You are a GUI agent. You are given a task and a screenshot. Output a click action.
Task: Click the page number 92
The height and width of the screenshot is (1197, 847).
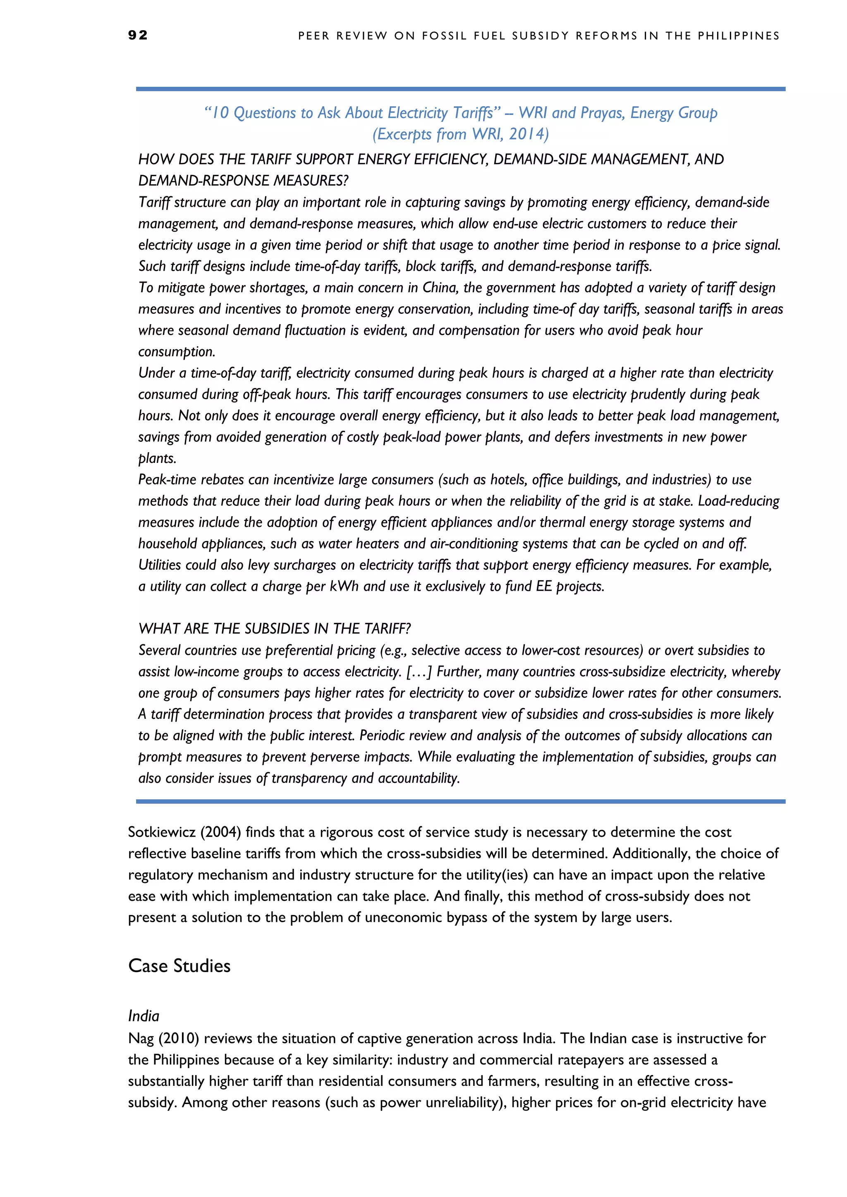click(x=138, y=35)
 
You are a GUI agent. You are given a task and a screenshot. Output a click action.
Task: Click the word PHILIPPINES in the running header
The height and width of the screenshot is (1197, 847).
click(x=739, y=36)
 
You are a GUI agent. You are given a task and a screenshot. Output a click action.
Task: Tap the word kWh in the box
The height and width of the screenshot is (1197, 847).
click(x=344, y=586)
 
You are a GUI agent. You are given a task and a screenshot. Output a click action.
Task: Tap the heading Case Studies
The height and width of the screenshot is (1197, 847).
click(x=179, y=966)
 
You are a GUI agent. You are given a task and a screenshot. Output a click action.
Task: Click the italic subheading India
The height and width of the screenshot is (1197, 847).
click(x=144, y=1016)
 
